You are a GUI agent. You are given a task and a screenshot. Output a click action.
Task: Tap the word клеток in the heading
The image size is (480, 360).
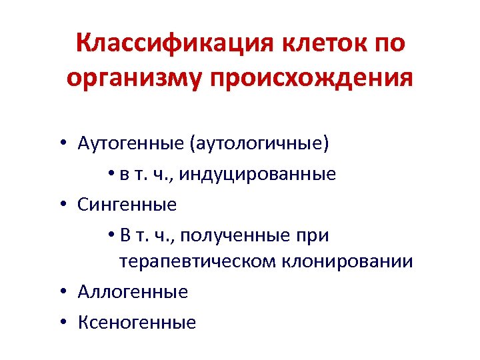click(318, 44)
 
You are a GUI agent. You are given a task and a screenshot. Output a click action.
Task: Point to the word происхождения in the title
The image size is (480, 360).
click(311, 78)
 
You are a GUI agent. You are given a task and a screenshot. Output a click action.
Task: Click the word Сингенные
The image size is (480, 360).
click(127, 205)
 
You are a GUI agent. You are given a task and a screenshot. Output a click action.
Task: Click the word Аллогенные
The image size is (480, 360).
click(133, 291)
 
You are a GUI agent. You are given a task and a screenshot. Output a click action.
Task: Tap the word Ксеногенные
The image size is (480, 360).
click(137, 323)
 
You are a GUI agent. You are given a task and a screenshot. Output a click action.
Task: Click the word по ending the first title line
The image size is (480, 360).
click(387, 44)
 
